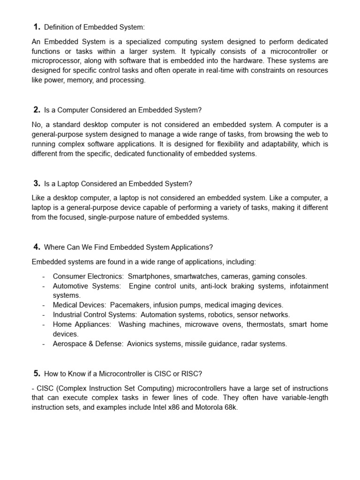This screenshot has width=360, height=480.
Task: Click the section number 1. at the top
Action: (x=37, y=27)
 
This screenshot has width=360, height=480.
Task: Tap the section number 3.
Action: (x=37, y=183)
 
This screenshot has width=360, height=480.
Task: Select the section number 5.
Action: (x=37, y=374)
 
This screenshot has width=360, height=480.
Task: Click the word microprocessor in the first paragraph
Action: (x=54, y=61)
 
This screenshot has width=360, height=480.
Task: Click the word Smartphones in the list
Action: (x=147, y=277)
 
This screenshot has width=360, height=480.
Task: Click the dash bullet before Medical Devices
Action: (x=43, y=305)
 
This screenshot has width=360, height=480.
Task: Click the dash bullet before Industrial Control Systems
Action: (x=43, y=315)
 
